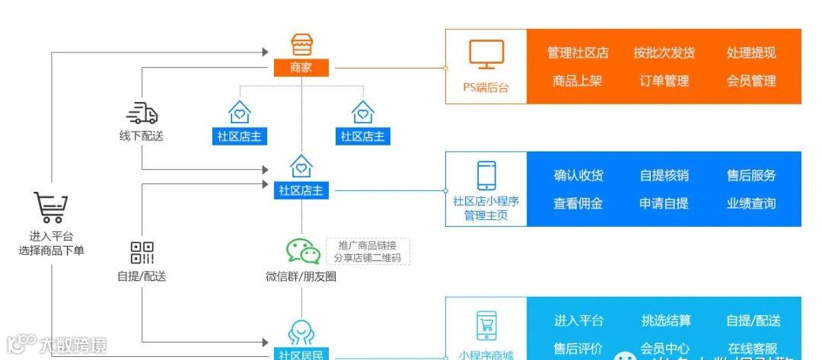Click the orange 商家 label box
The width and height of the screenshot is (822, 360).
pyautogui.click(x=301, y=68)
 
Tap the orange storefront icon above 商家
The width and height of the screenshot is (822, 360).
pyautogui.click(x=302, y=44)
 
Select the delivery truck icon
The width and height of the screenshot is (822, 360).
pyautogui.click(x=142, y=113)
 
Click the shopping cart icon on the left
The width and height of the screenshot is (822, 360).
pyautogui.click(x=51, y=208)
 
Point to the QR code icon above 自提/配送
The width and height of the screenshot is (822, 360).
pyautogui.click(x=142, y=253)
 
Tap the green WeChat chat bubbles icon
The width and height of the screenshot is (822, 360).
pyautogui.click(x=302, y=251)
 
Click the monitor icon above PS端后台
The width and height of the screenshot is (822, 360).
pyautogui.click(x=486, y=54)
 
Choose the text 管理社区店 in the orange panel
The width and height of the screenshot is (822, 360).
pyautogui.click(x=578, y=53)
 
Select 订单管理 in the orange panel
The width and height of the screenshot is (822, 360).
pyautogui.click(x=664, y=81)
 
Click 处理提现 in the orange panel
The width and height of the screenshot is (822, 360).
pyautogui.click(x=751, y=53)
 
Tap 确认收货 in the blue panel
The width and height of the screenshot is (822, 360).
pyautogui.click(x=578, y=176)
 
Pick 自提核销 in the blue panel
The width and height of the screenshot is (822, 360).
pyautogui.click(x=664, y=176)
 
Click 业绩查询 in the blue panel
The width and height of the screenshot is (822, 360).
pyautogui.click(x=751, y=203)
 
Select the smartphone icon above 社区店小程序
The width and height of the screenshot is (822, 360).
pyautogui.click(x=486, y=175)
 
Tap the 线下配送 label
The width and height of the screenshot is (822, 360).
pyautogui.click(x=142, y=136)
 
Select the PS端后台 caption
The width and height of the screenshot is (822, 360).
pyautogui.click(x=486, y=88)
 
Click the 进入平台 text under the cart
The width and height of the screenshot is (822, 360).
pyautogui.click(x=52, y=236)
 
